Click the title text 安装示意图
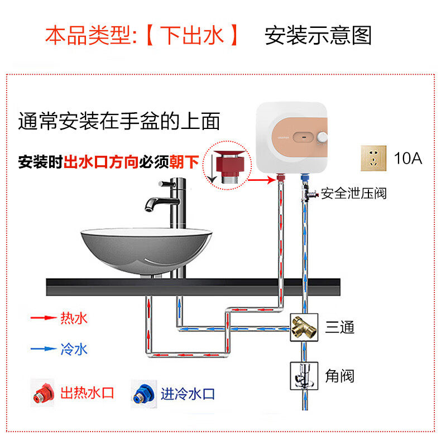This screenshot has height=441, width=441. coord(318,36)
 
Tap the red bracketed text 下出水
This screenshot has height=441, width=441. coord(192,36)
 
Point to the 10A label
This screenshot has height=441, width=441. coord(408,158)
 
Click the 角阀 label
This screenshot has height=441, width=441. coord(339,375)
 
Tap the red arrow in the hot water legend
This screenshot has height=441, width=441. coord(42,319)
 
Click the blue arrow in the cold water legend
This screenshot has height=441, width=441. coord(42,349)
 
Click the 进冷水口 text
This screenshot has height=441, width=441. coord(188,393)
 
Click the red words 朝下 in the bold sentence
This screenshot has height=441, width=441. coord(185,162)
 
